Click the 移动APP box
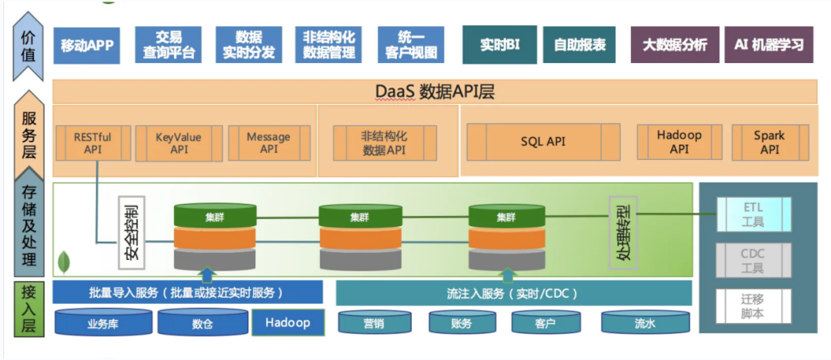pyautogui.click(x=87, y=45)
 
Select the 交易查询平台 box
pyautogui.click(x=169, y=45)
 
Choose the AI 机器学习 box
pyautogui.click(x=769, y=45)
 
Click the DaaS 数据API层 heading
pyautogui.click(x=435, y=92)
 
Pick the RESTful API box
pyautogui.click(x=92, y=143)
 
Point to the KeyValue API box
pyautogui.click(x=179, y=143)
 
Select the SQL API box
pyautogui.click(x=542, y=142)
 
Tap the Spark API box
pyautogui.click(x=769, y=142)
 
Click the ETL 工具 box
pyautogui.click(x=753, y=215)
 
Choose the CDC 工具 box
pyautogui.click(x=753, y=261)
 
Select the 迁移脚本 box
pyautogui.click(x=753, y=306)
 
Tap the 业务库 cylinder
pyautogui.click(x=103, y=323)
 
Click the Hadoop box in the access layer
pyautogui.click(x=288, y=322)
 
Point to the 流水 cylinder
pyautogui.click(x=645, y=323)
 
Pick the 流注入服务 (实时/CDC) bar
pyautogui.click(x=513, y=293)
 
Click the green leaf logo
pyautogui.click(x=64, y=262)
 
